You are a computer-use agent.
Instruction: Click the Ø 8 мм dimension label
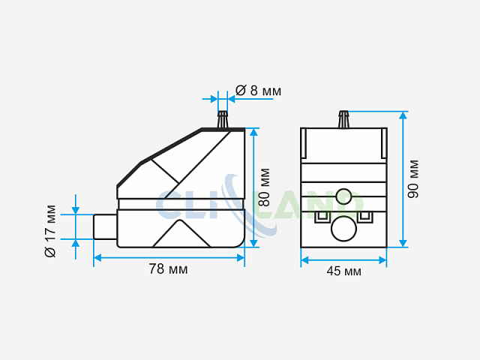point(258,91)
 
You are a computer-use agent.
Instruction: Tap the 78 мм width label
point(168,269)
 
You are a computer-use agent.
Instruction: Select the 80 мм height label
point(264,187)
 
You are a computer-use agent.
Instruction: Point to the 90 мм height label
point(413,178)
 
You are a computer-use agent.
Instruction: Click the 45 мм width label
point(343,271)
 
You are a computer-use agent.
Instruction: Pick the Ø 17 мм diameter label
point(50,231)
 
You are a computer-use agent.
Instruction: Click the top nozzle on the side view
point(223,119)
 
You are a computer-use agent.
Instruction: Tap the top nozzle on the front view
point(343,119)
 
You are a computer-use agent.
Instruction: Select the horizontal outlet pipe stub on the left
point(105,226)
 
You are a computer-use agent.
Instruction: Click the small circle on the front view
point(343,196)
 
